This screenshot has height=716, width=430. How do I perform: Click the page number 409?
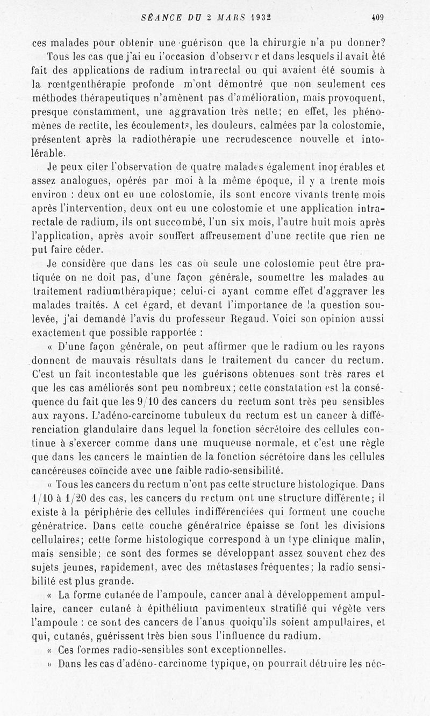coord(377,17)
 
